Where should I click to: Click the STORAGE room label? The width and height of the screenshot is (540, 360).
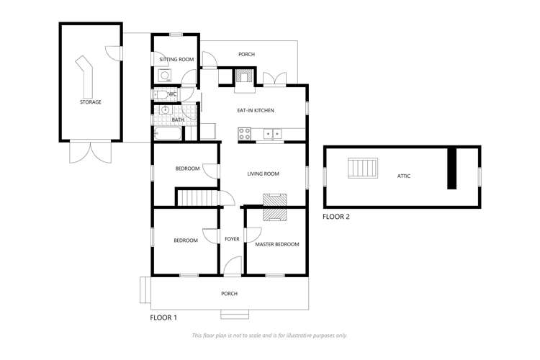click(x=90, y=102)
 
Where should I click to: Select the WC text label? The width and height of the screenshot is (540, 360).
click(x=172, y=94)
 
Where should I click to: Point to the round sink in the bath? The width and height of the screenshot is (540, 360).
click(x=165, y=110)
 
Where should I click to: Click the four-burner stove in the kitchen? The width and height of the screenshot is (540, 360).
click(x=245, y=133)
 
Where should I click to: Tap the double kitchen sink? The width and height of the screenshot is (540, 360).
click(x=272, y=133)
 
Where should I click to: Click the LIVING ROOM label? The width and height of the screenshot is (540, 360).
click(x=263, y=174)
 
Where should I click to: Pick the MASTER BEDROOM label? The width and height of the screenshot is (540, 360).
click(x=277, y=244)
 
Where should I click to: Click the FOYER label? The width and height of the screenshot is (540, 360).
click(x=232, y=239)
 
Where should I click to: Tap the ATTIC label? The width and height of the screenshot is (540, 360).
click(x=404, y=176)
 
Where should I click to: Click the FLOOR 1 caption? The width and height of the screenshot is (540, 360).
click(x=163, y=317)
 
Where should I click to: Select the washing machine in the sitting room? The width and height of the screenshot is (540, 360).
click(x=164, y=75)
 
